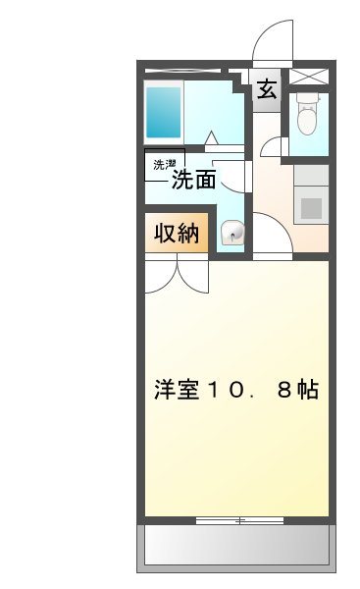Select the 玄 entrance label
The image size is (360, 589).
(x=266, y=90)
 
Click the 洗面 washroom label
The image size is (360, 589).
(x=193, y=180)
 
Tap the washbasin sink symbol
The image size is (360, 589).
(x=233, y=233)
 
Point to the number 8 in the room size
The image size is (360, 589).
(x=283, y=390)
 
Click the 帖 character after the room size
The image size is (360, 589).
(x=307, y=389)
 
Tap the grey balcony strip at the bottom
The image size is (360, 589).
(x=235, y=545)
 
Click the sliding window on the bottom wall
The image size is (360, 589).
(x=235, y=519)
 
